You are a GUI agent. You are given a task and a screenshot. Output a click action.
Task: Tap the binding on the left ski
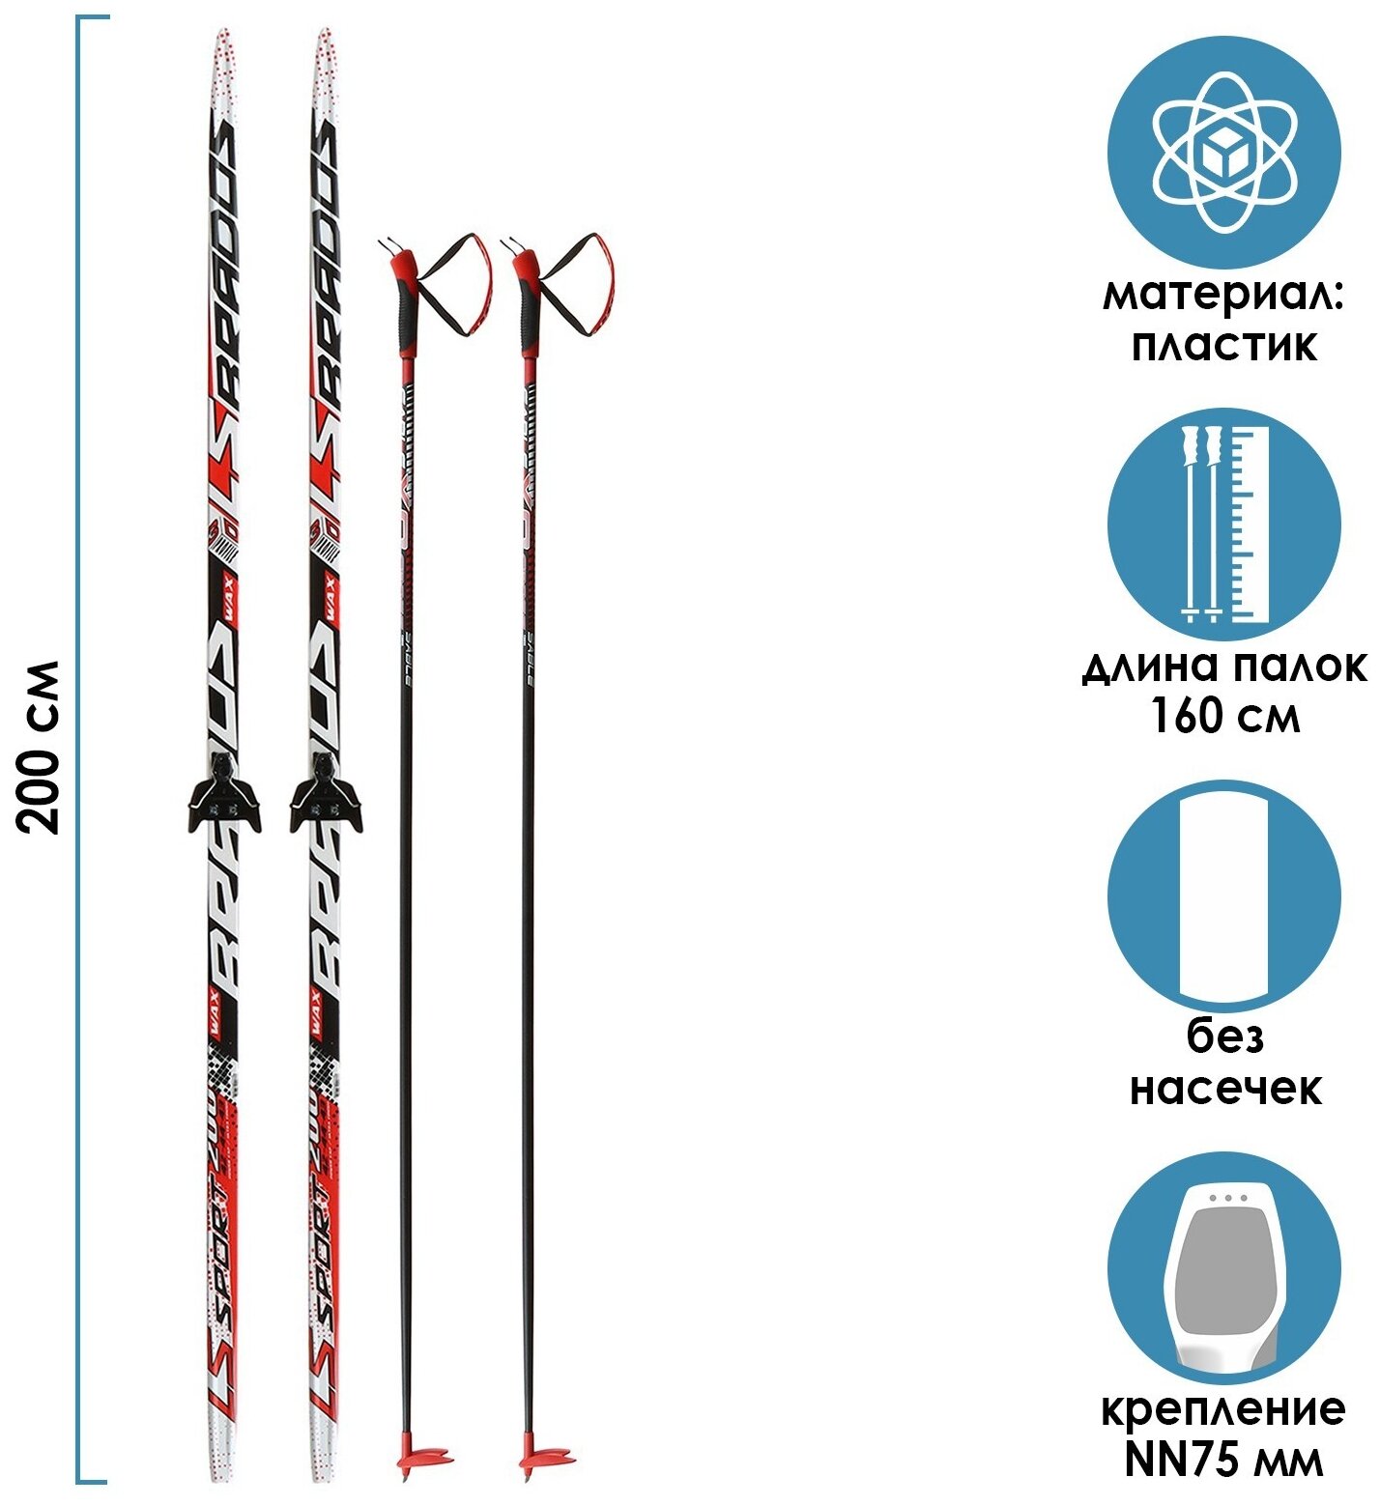[224, 796]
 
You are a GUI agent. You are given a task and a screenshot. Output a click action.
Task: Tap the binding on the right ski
[326, 796]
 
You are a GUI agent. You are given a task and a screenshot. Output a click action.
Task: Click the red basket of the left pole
[424, 1457]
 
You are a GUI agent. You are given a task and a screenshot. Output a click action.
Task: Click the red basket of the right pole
[545, 1457]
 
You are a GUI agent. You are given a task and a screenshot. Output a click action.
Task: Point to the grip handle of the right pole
[529, 304]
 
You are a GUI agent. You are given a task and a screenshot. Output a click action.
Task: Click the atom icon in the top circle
[1223, 153]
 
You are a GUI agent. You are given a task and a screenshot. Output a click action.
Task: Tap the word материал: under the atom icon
[1222, 295]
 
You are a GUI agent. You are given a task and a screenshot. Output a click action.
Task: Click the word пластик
[1223, 345]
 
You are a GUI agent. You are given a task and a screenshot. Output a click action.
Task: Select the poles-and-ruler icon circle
[1223, 524]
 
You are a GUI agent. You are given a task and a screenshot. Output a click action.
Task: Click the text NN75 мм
[1223, 1460]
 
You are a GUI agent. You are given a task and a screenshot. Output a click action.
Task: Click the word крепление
[1223, 1409]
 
